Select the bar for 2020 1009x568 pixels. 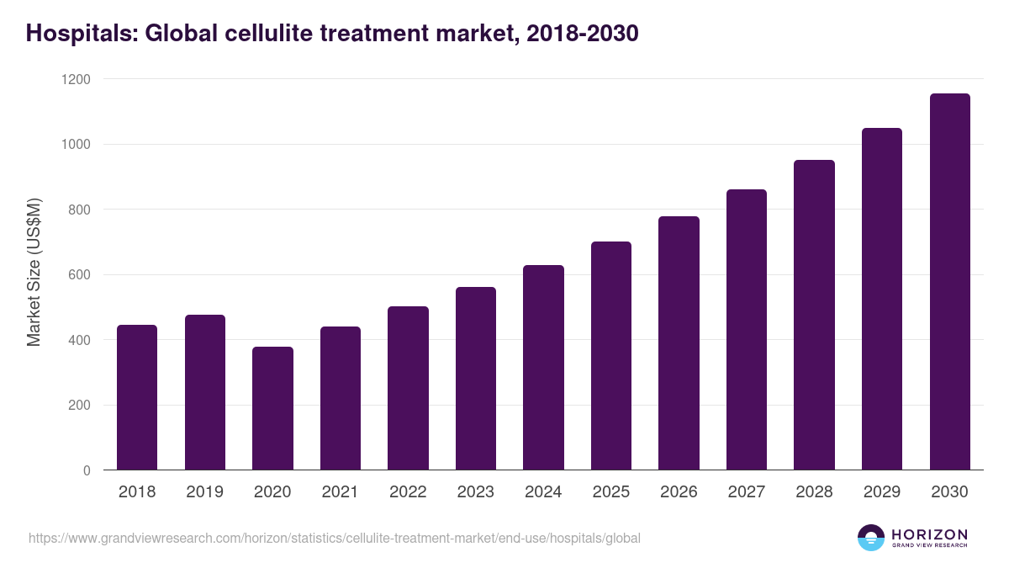click(272, 408)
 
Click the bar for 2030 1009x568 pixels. click(949, 282)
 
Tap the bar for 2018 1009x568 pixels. click(137, 397)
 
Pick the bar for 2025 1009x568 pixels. click(611, 356)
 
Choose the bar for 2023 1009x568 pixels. click(476, 379)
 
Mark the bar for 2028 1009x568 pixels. click(814, 315)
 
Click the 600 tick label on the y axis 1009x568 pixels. click(79, 275)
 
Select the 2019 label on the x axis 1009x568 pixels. click(204, 492)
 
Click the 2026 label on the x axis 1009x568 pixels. click(679, 492)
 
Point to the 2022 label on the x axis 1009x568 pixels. click(408, 492)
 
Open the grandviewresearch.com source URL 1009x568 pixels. click(335, 538)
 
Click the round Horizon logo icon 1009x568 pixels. click(870, 538)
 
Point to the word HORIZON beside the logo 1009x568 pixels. click(929, 533)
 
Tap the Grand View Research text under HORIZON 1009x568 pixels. click(929, 546)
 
